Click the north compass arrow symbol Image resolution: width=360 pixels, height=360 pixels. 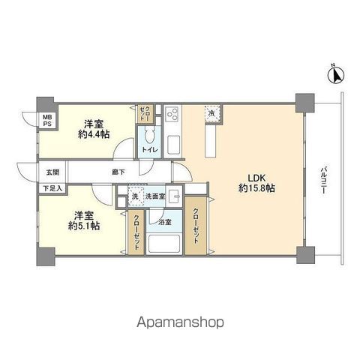click(x=336, y=74)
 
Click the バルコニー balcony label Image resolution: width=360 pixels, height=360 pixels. click(x=322, y=180)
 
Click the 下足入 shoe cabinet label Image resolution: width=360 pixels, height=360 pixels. click(x=52, y=188)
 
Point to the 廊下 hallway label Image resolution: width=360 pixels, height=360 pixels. click(x=118, y=172)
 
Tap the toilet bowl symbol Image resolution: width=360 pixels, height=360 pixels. click(x=150, y=136)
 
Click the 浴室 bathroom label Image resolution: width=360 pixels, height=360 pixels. click(x=162, y=223)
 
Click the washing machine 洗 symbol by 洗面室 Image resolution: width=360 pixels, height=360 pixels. click(x=135, y=197)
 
